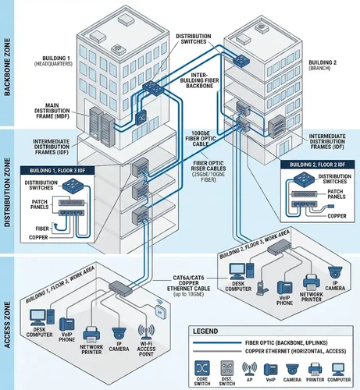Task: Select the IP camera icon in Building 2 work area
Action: (334, 272)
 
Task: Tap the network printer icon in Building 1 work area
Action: (91, 335)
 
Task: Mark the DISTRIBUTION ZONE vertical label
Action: (7, 191)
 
